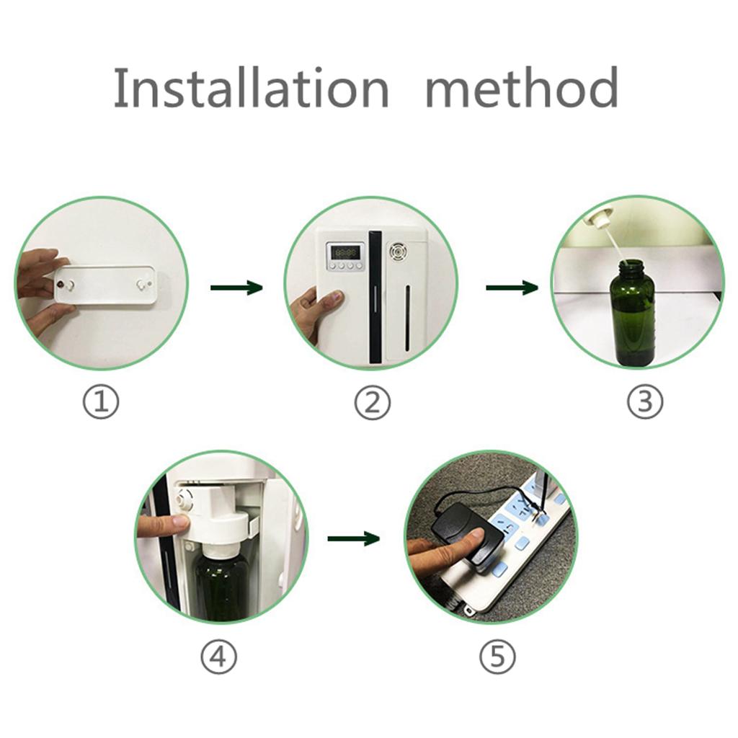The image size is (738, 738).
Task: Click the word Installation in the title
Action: pos(252,87)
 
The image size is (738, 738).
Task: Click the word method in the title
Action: pos(522,86)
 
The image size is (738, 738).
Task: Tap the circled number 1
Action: pos(101,401)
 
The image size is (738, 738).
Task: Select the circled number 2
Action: pos(373,401)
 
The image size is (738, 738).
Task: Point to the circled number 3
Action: pos(645,401)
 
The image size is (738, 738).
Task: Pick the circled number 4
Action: pos(219,656)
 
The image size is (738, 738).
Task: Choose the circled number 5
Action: pos(497,656)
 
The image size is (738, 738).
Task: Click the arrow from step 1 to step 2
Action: pos(236,288)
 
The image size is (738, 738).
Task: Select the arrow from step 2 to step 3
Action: pos(512,288)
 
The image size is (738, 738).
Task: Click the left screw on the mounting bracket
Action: pos(61,285)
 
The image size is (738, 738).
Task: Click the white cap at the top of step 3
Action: pos(597,218)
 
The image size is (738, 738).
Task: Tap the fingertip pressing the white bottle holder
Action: pos(179,522)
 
